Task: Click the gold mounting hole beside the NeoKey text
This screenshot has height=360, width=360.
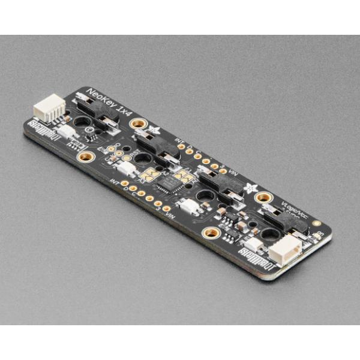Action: [139, 124]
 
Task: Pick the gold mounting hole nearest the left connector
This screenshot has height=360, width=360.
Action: [86, 157]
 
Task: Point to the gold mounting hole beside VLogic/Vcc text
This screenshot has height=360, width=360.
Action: [263, 197]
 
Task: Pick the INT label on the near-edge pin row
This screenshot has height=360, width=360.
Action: [116, 181]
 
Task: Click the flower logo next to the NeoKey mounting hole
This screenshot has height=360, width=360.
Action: [155, 130]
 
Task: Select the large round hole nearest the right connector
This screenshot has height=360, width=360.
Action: [268, 233]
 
